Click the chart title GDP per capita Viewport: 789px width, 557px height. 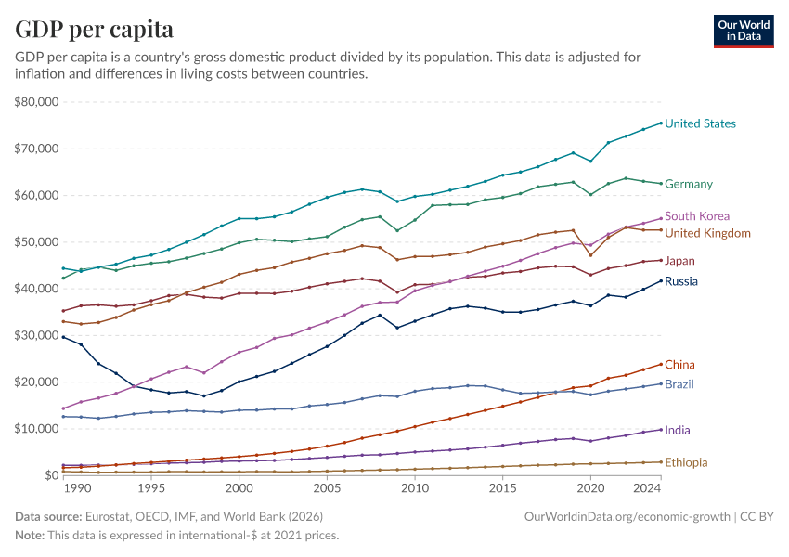(94, 30)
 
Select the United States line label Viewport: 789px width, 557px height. (700, 123)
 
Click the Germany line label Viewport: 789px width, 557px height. (689, 184)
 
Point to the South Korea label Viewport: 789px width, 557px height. (697, 216)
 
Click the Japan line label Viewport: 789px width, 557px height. (680, 261)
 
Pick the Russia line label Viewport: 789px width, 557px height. (681, 281)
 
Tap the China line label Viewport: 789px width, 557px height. (679, 365)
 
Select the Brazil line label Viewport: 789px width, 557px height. (679, 384)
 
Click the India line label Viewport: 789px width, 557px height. (678, 430)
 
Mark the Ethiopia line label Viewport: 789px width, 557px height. (686, 462)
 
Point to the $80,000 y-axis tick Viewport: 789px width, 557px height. (37, 102)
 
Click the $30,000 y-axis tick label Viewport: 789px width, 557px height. (37, 335)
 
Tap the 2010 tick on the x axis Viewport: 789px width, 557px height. (415, 488)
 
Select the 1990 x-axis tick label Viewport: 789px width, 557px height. (77, 488)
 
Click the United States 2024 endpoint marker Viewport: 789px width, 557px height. (661, 123)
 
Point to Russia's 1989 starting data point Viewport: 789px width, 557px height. (63, 337)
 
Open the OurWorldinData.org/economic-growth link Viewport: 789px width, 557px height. (627, 515)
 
